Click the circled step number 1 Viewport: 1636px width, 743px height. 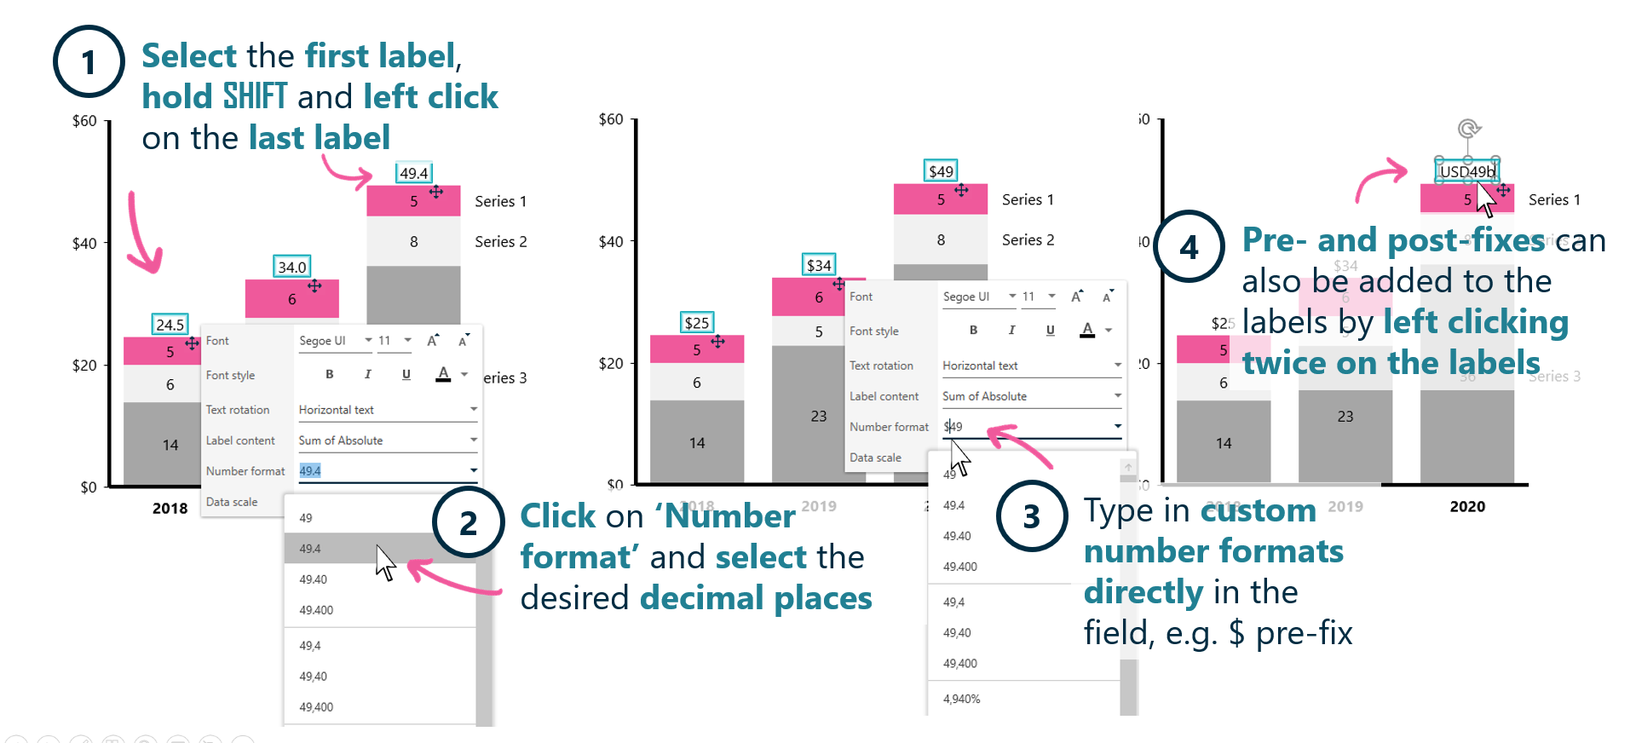pyautogui.click(x=89, y=61)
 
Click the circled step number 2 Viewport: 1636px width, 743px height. pyautogui.click(x=468, y=522)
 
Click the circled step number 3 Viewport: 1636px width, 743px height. pyautogui.click(x=1031, y=515)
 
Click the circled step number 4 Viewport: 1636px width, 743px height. pyautogui.click(x=1189, y=247)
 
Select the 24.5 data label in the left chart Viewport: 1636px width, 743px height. pyautogui.click(x=170, y=325)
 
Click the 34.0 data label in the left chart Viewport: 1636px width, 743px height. pyautogui.click(x=291, y=267)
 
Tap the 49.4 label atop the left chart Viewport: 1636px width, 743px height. pyautogui.click(x=413, y=173)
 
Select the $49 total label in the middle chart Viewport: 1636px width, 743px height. pyautogui.click(x=941, y=171)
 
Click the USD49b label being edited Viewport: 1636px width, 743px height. pyautogui.click(x=1466, y=171)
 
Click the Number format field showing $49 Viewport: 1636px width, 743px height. pyautogui.click(x=1022, y=426)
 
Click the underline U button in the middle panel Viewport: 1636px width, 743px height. pyautogui.click(x=1050, y=331)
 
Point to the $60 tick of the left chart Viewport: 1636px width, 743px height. pyautogui.click(x=84, y=121)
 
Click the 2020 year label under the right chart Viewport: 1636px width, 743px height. pyautogui.click(x=1467, y=506)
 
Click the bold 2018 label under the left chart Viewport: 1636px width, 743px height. pyautogui.click(x=170, y=508)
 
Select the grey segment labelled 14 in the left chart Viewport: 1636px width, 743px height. pyautogui.click(x=170, y=444)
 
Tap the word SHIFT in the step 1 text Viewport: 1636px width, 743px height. pyautogui.click(x=255, y=96)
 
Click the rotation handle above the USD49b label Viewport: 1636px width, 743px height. pyautogui.click(x=1467, y=129)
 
